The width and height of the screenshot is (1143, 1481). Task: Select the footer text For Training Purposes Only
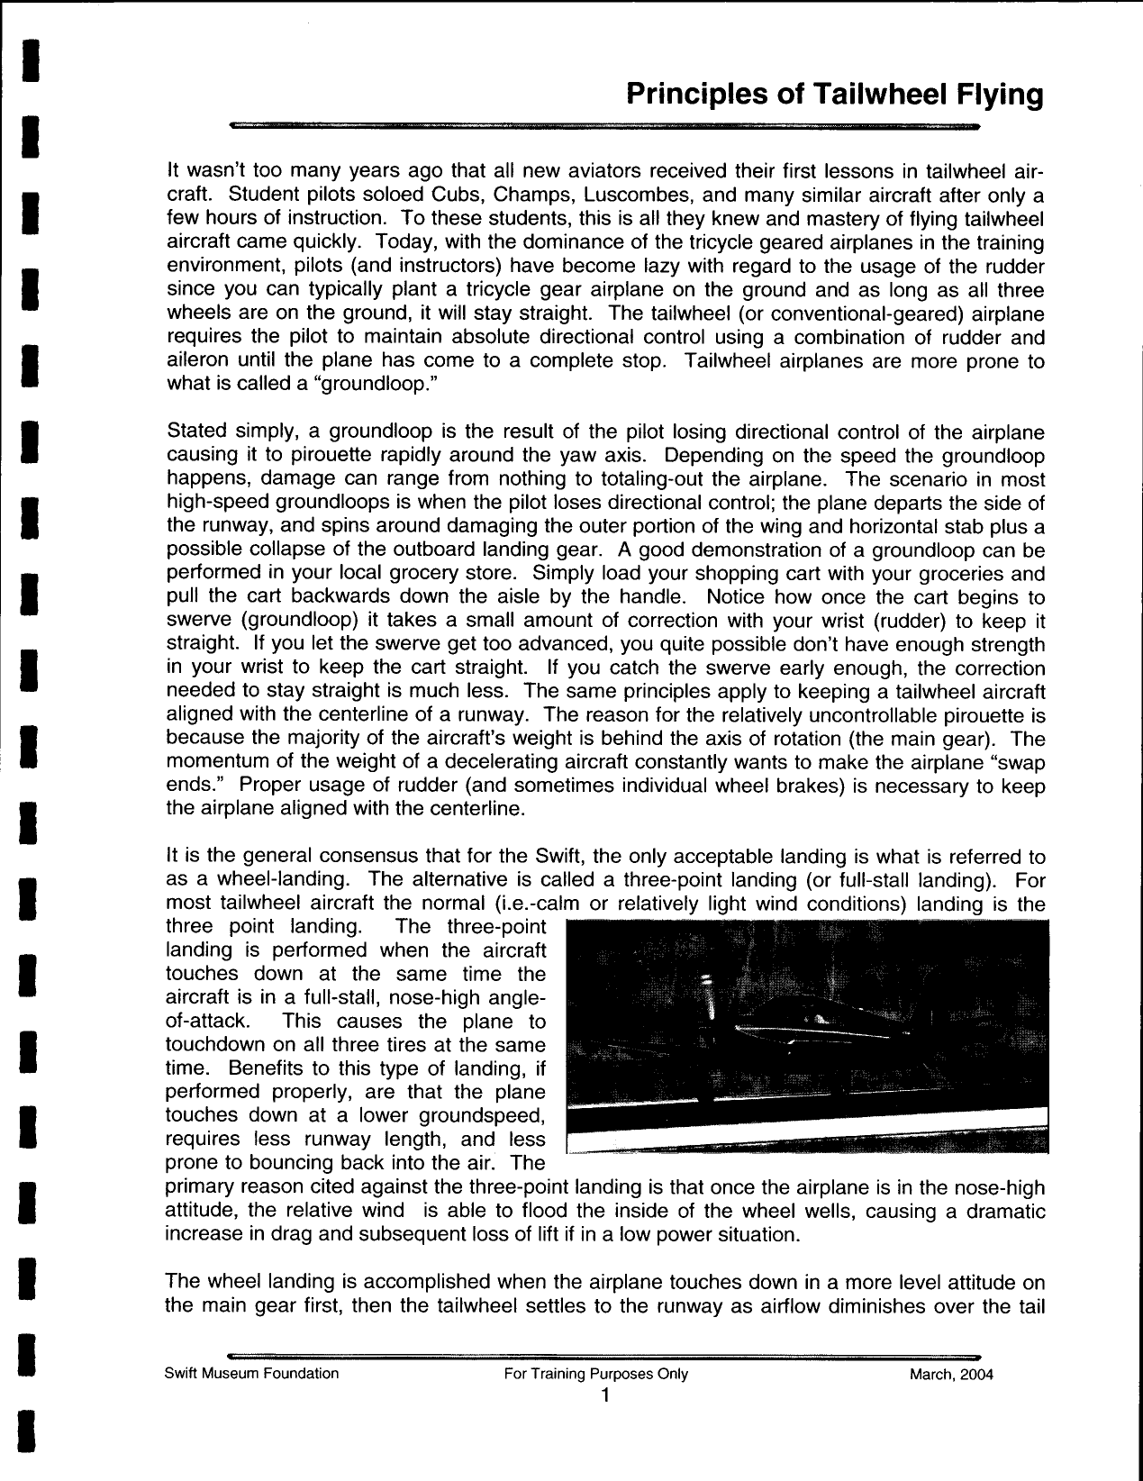click(597, 1373)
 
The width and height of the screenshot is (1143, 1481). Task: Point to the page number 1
click(604, 1395)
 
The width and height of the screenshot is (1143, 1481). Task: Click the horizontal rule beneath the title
click(603, 127)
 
